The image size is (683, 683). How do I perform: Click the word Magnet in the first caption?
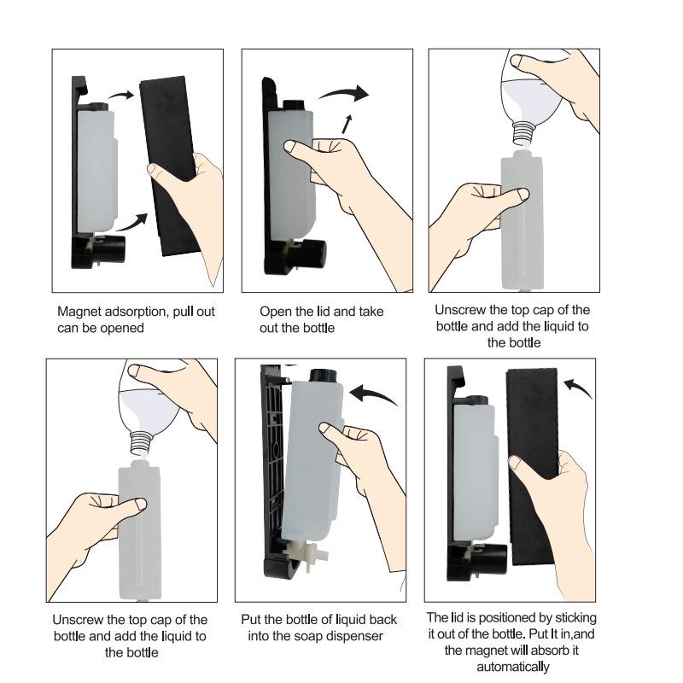(x=78, y=312)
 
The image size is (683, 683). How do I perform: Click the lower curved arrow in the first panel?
(x=132, y=222)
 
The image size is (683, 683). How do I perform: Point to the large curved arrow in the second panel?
(x=344, y=93)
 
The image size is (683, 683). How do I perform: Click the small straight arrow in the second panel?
(x=347, y=124)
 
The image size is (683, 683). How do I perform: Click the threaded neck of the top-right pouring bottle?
(x=522, y=133)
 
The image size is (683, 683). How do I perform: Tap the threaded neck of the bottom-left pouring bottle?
(x=142, y=442)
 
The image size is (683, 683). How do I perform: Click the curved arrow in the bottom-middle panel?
(x=374, y=394)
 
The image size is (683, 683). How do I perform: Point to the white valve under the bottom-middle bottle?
(x=309, y=554)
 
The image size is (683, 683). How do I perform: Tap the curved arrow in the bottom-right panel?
(x=578, y=388)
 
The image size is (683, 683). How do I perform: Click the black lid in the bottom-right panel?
(x=532, y=466)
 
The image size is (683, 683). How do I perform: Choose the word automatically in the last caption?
(x=513, y=667)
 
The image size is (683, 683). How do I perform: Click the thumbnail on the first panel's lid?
(x=153, y=169)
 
